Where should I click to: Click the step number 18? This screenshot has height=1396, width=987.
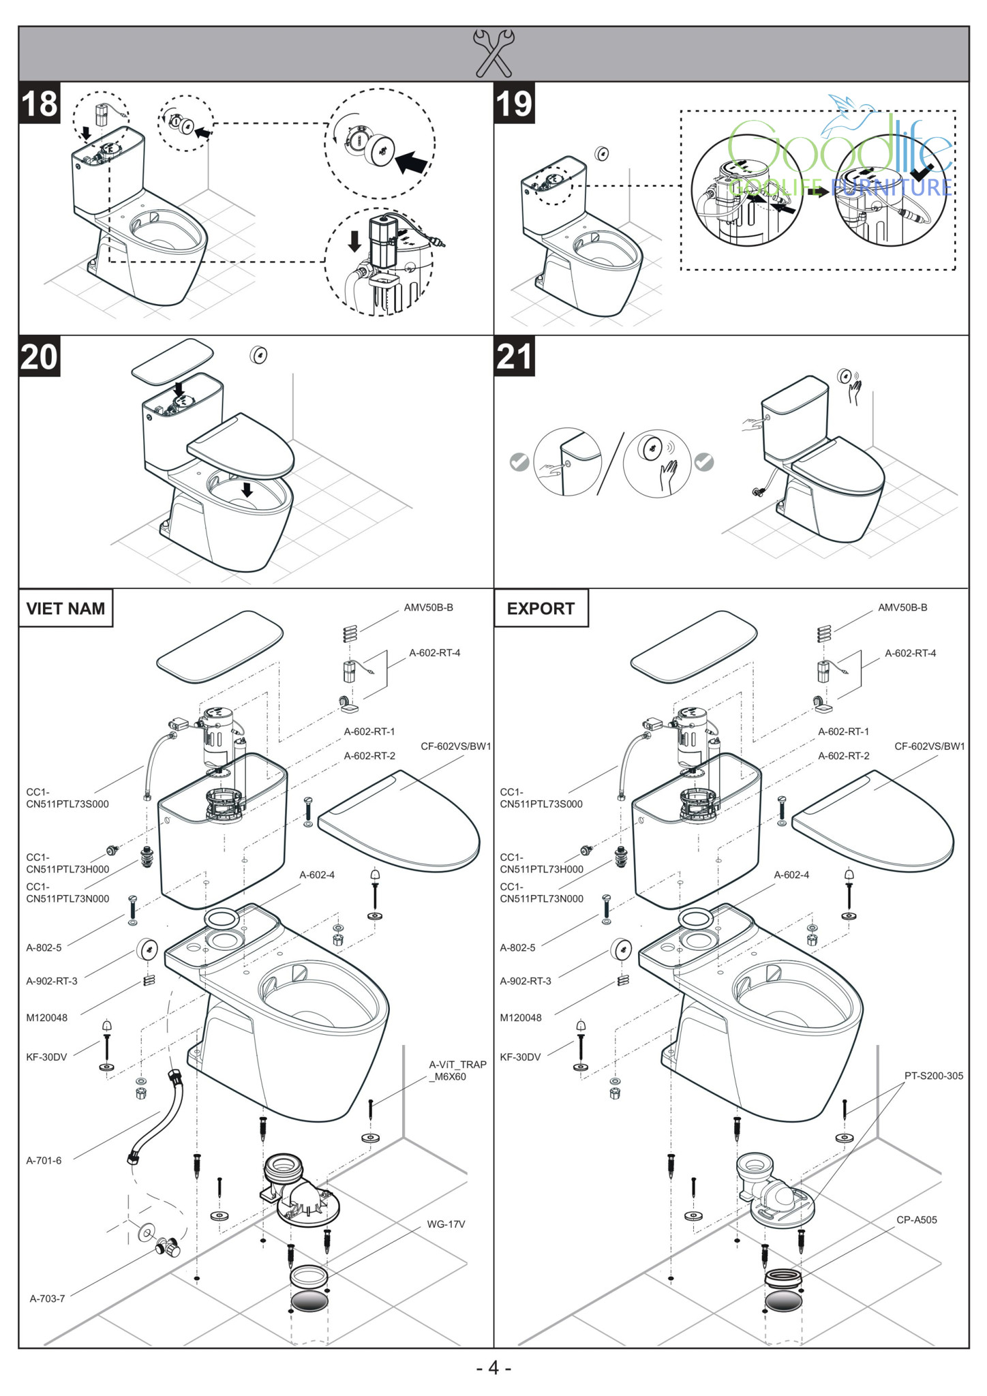40,104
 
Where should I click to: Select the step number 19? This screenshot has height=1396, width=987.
514,104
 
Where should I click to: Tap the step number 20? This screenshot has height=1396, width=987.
40,356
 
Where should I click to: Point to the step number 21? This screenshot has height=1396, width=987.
514,356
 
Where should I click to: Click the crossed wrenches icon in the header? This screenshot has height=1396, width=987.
494,52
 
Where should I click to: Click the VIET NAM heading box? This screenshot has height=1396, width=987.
65,608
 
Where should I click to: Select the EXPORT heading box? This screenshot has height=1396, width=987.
541,608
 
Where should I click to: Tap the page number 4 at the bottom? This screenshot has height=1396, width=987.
494,1367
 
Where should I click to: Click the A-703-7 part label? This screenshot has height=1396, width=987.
47,1299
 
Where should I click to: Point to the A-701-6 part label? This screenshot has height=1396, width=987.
44,1160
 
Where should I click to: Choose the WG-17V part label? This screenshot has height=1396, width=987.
446,1224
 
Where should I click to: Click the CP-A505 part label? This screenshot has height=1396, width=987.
916,1219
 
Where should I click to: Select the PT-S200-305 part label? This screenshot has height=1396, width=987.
933,1076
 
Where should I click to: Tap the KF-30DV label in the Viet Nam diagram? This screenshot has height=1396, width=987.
46,1057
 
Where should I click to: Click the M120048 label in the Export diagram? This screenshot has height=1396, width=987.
521,1018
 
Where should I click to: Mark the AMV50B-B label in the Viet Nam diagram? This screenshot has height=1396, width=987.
428,607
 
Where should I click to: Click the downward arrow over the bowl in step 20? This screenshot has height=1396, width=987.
247,489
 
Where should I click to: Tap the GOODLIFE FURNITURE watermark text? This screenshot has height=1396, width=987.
840,187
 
